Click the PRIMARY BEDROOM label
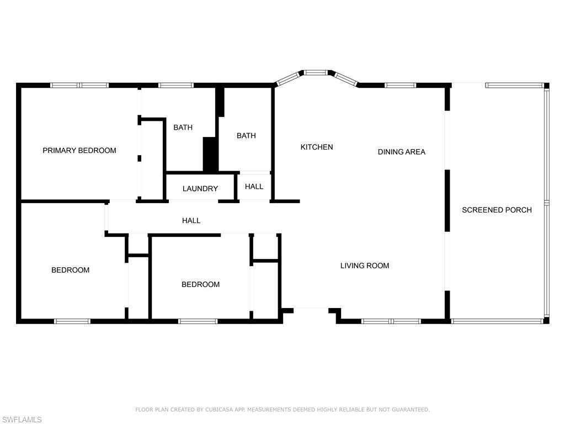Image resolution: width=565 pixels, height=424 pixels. pos(79,150)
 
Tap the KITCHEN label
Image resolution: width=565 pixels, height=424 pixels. pos(317,147)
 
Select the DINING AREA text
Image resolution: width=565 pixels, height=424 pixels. pos(402,152)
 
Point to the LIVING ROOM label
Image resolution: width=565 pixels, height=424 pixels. pos(365,266)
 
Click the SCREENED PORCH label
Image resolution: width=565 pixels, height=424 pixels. pos(497,210)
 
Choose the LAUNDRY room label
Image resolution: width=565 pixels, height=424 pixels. pos(200,188)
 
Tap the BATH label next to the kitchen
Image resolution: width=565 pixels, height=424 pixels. pos(246,135)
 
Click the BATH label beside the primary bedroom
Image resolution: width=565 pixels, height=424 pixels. pos(183,128)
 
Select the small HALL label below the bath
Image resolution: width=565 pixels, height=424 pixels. pos(254,187)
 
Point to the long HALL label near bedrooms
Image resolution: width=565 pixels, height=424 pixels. pos(191,220)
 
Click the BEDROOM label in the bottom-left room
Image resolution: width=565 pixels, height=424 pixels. pos(71,270)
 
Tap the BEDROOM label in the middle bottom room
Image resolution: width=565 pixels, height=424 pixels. pos(201,284)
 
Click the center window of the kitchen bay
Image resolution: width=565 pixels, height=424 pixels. pos(316,72)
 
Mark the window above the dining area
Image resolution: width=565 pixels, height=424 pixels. pos(400,85)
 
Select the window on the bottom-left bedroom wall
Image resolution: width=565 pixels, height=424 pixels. pos(72,321)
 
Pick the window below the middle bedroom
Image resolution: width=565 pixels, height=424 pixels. pos(198,321)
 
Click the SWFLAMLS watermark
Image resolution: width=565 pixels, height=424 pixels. pos(22,420)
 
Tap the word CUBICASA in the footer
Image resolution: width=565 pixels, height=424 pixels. pos(218,410)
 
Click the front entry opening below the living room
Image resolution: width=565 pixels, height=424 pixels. pos(311,309)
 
